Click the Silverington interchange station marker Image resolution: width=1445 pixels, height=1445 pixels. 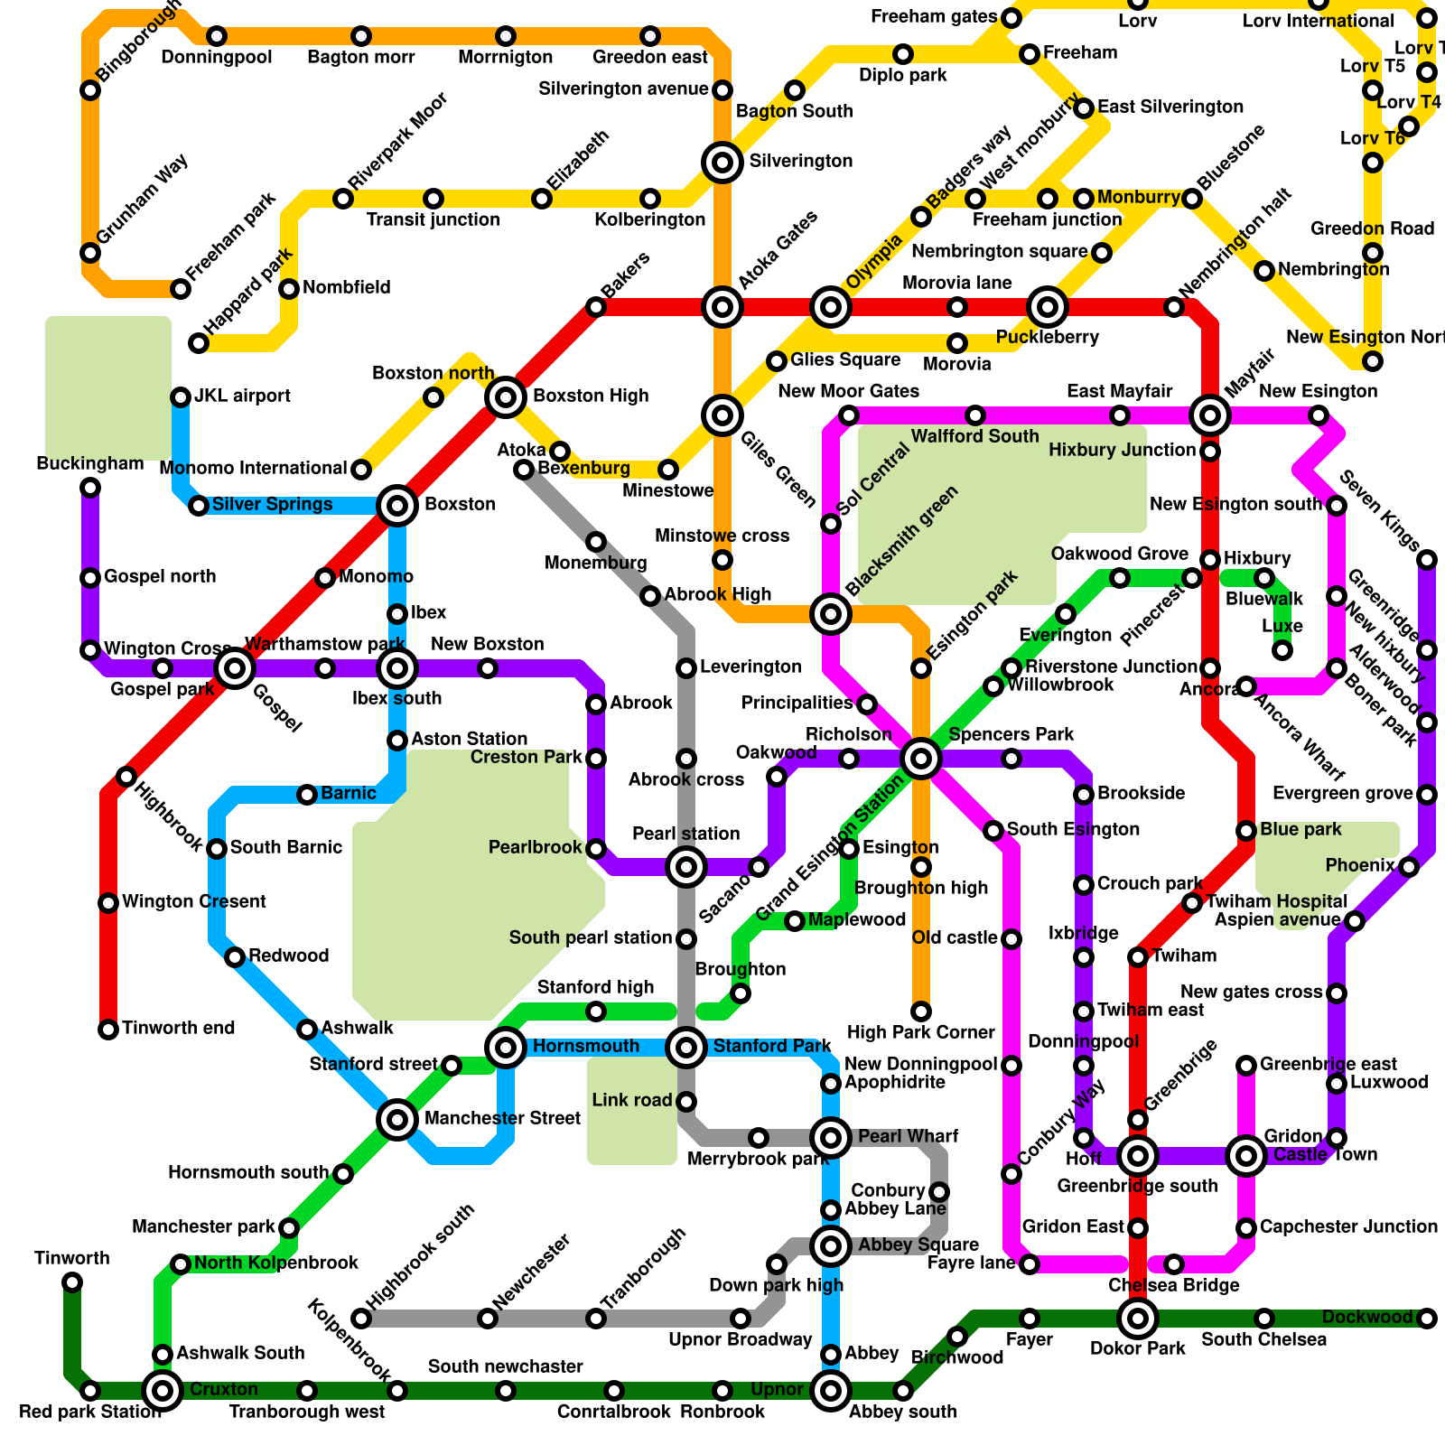click(x=722, y=163)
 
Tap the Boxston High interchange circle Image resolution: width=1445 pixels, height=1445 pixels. click(x=506, y=396)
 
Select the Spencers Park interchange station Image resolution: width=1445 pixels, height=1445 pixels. click(x=920, y=758)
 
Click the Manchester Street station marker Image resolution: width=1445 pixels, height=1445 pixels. click(x=396, y=1120)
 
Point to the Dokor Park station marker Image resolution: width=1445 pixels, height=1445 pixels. click(x=1137, y=1319)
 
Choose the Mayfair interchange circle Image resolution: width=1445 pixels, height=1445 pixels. click(x=1209, y=415)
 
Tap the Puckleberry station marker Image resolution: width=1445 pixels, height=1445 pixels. click(x=1047, y=307)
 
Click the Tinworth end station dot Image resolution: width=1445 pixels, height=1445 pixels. click(x=108, y=1030)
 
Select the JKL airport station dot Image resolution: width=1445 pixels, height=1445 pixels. click(x=181, y=397)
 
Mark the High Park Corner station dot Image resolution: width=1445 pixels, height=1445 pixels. click(x=920, y=1011)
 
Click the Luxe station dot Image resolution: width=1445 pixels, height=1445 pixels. click(x=1282, y=649)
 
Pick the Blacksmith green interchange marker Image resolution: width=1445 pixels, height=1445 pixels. click(x=830, y=614)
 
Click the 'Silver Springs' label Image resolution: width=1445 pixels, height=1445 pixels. click(x=272, y=505)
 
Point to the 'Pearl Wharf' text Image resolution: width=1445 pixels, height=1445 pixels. click(x=907, y=1136)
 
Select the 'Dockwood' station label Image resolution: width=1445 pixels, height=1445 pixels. click(x=1366, y=1318)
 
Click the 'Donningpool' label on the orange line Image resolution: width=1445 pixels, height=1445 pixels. click(x=217, y=58)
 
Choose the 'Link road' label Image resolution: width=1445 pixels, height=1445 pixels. click(x=631, y=1101)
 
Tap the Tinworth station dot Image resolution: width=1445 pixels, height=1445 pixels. click(x=72, y=1282)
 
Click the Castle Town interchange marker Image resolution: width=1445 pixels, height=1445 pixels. click(x=1245, y=1155)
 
